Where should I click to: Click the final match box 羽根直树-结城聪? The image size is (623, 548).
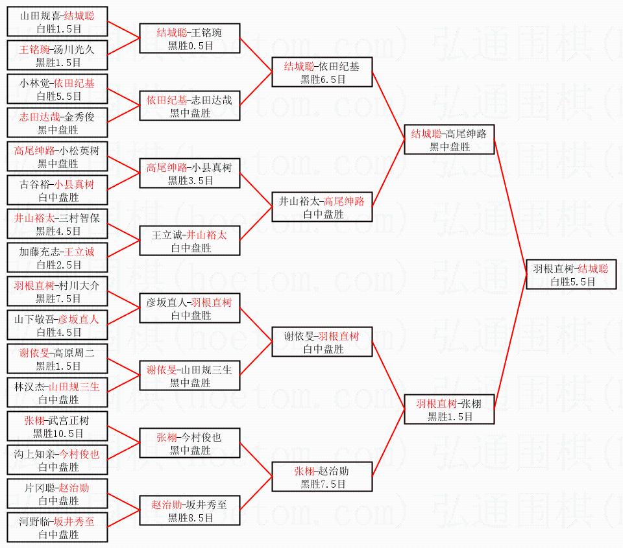click(x=571, y=274)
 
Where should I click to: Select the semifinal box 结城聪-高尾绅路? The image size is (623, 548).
click(x=449, y=139)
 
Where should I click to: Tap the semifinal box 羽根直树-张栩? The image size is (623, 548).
click(x=449, y=409)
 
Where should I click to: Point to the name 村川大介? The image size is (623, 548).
click(x=79, y=285)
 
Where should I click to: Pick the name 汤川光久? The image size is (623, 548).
click(x=74, y=49)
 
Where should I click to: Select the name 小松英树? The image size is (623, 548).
click(x=79, y=150)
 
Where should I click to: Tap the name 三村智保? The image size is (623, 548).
click(x=79, y=218)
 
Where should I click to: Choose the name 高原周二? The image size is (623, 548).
click(x=74, y=353)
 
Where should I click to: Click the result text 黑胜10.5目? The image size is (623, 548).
click(x=58, y=433)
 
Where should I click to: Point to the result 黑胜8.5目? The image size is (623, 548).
click(x=190, y=518)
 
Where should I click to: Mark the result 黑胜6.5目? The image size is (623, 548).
click(x=323, y=79)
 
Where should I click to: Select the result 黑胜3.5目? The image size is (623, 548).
click(x=190, y=180)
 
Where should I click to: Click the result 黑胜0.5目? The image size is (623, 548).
click(x=190, y=45)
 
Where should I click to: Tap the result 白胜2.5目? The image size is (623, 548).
click(x=58, y=265)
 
